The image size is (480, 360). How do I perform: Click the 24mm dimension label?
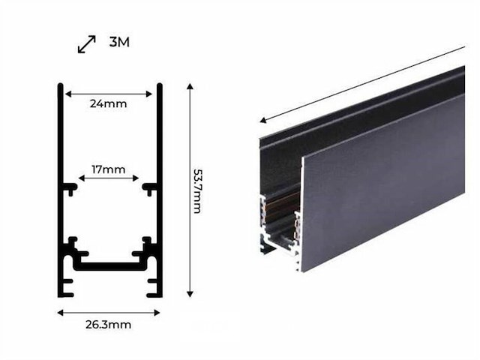[108, 104]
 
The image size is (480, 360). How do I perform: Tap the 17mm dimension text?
[108, 169]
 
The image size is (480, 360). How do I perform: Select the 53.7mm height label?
[196, 190]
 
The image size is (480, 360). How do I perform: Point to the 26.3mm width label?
[108, 325]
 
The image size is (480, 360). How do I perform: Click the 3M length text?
[119, 42]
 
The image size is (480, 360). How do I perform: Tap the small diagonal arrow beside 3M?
[87, 44]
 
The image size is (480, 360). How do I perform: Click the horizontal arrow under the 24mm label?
[109, 94]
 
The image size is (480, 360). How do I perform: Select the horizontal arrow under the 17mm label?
[109, 179]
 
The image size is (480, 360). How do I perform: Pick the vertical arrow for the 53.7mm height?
[190, 190]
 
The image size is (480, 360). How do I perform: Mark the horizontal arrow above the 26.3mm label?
[109, 312]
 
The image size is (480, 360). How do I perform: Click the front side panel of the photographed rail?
[382, 180]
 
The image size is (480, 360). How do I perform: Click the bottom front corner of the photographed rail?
[302, 268]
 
